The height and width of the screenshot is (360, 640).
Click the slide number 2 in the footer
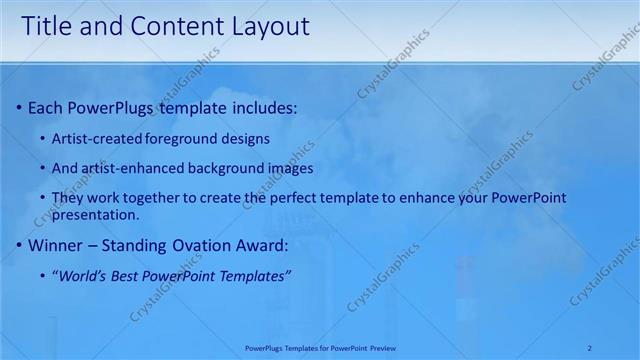(590, 348)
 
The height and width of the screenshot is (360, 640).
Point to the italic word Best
(131, 275)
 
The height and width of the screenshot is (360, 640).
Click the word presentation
(94, 215)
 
